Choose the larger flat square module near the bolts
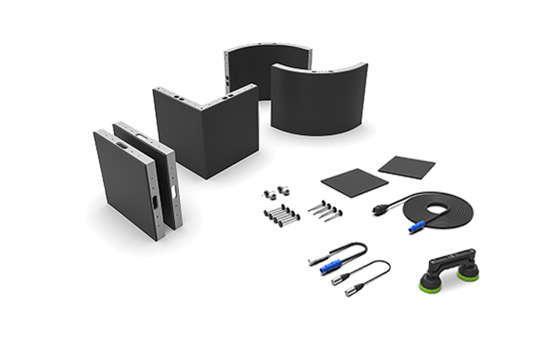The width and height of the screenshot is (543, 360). (x=354, y=183)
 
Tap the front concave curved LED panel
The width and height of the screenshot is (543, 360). (x=318, y=101)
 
